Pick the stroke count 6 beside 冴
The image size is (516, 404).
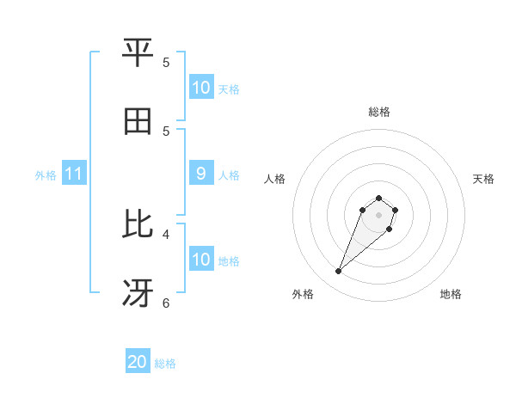[166, 303]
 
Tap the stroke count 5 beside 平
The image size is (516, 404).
[166, 62]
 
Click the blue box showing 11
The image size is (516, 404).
[74, 174]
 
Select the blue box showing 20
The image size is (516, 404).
[138, 363]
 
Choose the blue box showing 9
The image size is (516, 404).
[200, 174]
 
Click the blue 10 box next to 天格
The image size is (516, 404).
[200, 88]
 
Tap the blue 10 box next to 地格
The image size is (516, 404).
[200, 260]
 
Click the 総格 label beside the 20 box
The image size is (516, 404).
[165, 364]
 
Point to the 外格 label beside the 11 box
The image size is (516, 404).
[46, 175]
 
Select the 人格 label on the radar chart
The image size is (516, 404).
[275, 179]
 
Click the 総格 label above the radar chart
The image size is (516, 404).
[379, 112]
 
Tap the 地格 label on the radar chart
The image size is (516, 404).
[451, 294]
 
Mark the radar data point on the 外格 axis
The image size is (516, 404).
[339, 272]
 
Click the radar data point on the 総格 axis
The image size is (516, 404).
[379, 198]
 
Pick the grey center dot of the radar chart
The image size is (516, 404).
[379, 215]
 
